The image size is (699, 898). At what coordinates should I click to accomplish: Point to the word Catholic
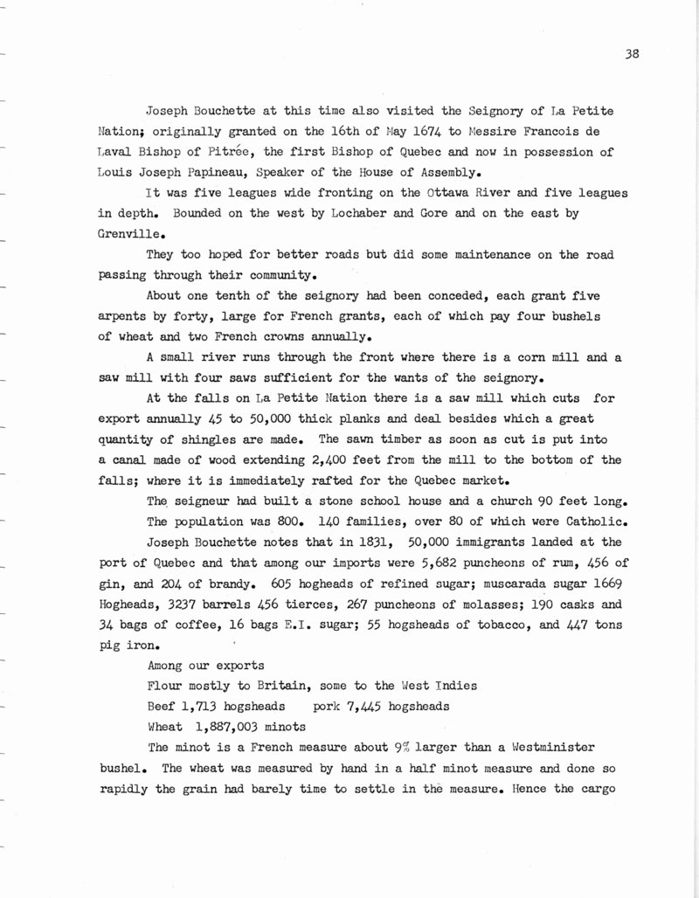[x=581, y=522]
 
